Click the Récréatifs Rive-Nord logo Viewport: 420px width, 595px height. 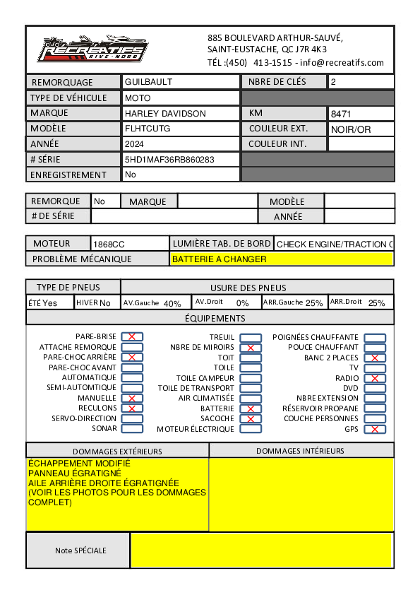(92, 49)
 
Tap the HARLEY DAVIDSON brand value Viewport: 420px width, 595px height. (165, 113)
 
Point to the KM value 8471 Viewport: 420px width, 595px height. (341, 114)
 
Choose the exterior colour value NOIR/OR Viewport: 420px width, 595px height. (351, 129)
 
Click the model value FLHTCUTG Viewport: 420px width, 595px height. (148, 129)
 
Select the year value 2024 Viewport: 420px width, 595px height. (134, 144)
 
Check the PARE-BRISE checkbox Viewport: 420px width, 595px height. (132, 337)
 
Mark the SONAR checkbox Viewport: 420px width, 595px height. (132, 428)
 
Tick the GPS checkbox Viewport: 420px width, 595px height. (375, 429)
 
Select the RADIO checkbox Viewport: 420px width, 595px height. (375, 378)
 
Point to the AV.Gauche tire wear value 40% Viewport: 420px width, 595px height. (172, 304)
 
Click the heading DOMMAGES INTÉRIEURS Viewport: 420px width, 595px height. (300, 451)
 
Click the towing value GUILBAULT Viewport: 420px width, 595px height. (148, 82)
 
